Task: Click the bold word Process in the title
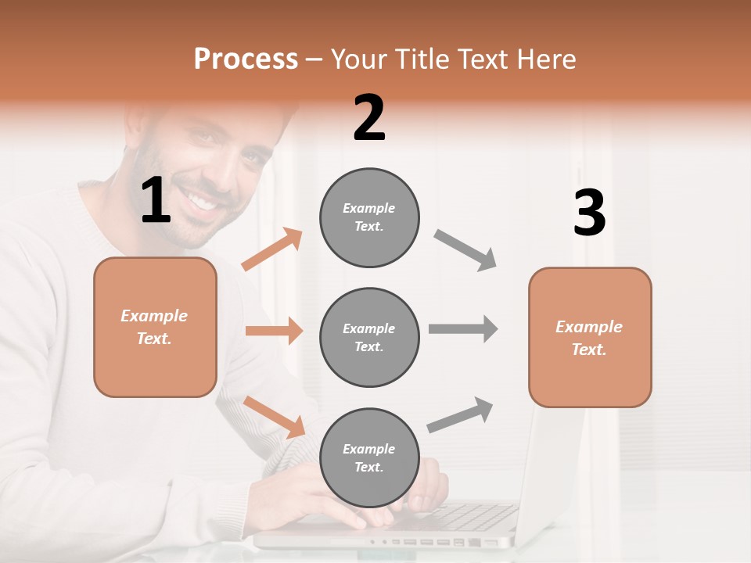[246, 59]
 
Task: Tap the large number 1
[156, 201]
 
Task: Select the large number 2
[369, 118]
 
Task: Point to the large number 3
[589, 213]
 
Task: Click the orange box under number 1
[155, 327]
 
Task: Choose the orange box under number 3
[590, 337]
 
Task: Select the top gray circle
[369, 217]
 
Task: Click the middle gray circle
[369, 337]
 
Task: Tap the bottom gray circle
[369, 457]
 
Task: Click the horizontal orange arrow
[274, 331]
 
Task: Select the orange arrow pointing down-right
[275, 417]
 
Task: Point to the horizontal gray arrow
[463, 328]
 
